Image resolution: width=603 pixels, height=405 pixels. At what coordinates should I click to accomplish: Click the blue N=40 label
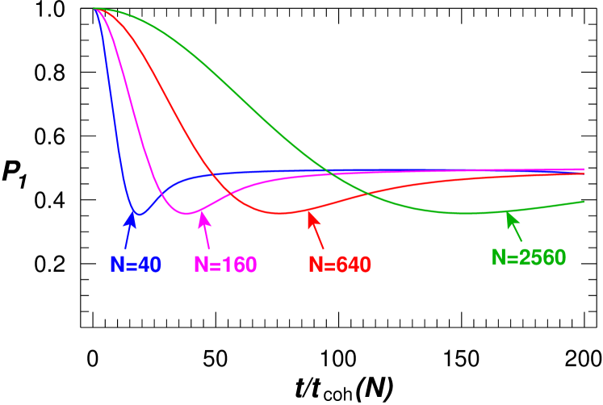point(136,265)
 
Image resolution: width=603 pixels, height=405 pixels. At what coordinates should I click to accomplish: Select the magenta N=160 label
point(225,265)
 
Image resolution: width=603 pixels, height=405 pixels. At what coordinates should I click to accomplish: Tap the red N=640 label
point(340,265)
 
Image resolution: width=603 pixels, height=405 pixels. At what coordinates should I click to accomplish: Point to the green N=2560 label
point(529,257)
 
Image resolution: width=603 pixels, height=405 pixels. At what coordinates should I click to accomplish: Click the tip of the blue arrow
point(134,211)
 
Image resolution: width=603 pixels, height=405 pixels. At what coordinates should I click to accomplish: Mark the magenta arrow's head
point(201,212)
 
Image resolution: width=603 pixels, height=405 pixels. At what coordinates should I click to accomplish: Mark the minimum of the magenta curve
point(187,214)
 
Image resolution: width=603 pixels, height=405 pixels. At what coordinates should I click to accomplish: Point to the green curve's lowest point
point(468,213)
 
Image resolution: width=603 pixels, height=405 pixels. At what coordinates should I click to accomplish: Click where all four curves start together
point(95,8)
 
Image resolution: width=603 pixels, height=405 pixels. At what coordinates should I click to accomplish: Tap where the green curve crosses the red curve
point(366,193)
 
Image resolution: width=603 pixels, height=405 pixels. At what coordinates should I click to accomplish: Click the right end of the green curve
point(584,202)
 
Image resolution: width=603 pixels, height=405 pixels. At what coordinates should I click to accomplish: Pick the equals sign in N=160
point(215,265)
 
